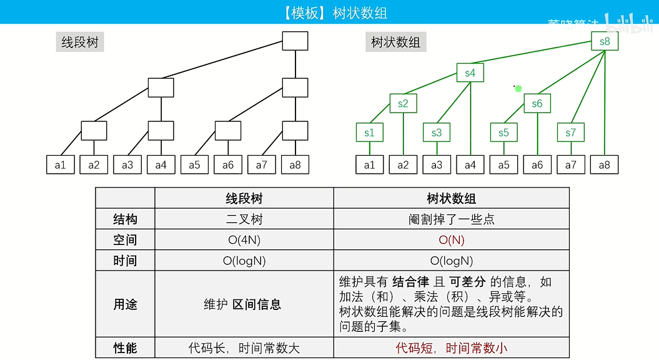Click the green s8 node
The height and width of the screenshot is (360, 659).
604,42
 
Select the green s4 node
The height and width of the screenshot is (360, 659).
470,73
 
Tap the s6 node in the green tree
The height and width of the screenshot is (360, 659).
537,104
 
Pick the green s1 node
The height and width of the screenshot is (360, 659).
369,132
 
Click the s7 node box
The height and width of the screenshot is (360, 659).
570,132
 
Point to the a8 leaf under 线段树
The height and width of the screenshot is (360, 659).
295,165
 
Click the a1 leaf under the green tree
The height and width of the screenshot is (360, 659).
369,165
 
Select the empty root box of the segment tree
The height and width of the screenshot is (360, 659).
295,41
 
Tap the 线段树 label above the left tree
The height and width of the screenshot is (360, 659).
79,42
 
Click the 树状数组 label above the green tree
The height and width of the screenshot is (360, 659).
395,42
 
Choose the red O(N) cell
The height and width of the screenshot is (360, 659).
451,240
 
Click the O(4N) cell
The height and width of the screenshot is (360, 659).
244,240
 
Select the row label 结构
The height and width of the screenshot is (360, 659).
125,219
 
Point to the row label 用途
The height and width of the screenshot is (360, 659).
125,304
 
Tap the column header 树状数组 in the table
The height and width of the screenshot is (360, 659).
451,199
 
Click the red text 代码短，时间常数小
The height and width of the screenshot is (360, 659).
451,348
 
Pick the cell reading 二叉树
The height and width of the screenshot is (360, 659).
244,219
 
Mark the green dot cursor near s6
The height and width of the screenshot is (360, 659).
518,89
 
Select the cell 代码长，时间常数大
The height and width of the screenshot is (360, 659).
244,348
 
